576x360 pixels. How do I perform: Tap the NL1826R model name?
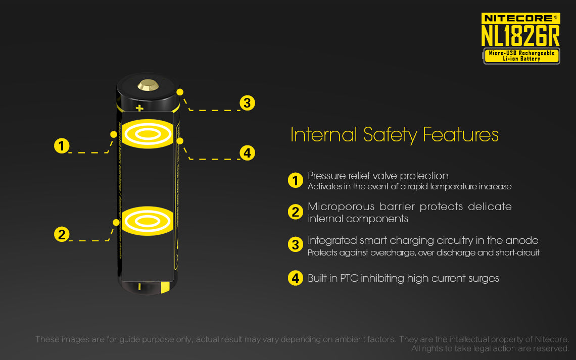click(520, 36)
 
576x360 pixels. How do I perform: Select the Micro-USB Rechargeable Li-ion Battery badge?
click(521, 56)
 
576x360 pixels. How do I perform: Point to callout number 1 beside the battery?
click(62, 146)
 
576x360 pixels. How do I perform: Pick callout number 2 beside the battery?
click(62, 234)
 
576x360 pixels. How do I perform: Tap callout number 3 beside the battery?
click(247, 103)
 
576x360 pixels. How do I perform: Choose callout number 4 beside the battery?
click(247, 152)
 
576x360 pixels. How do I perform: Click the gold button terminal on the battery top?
click(148, 86)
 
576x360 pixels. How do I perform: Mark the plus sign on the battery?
click(140, 108)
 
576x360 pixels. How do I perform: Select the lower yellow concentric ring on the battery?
click(148, 221)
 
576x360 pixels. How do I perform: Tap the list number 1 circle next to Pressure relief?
click(295, 180)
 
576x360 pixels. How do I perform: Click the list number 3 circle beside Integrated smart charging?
click(295, 245)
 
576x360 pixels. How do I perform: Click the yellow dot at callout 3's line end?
click(180, 92)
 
